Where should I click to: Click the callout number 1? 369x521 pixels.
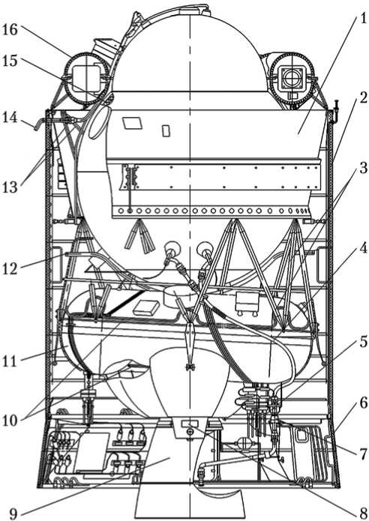359,19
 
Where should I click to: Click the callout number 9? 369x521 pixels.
13,514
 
